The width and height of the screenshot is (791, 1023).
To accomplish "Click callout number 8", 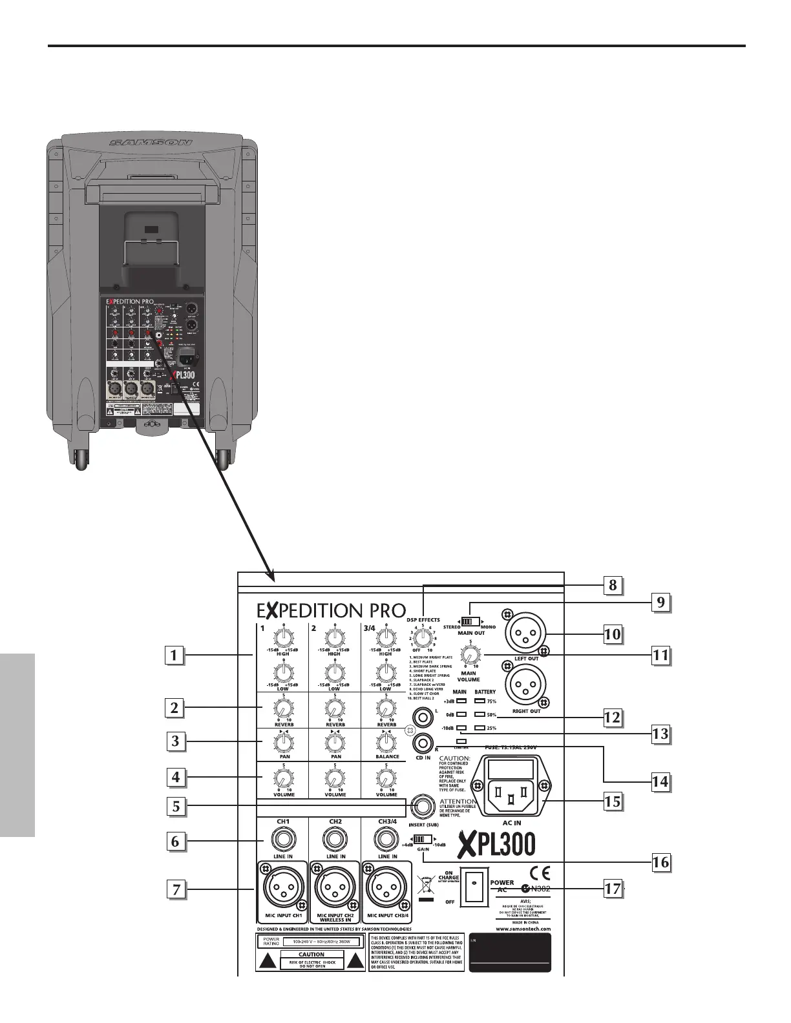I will click(x=612, y=586).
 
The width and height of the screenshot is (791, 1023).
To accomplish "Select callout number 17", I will click(x=612, y=889).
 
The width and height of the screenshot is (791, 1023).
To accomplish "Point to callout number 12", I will click(x=612, y=717).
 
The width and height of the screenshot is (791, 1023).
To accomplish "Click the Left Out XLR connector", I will click(x=526, y=632).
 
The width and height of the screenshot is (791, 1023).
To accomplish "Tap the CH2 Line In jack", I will click(x=335, y=840).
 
